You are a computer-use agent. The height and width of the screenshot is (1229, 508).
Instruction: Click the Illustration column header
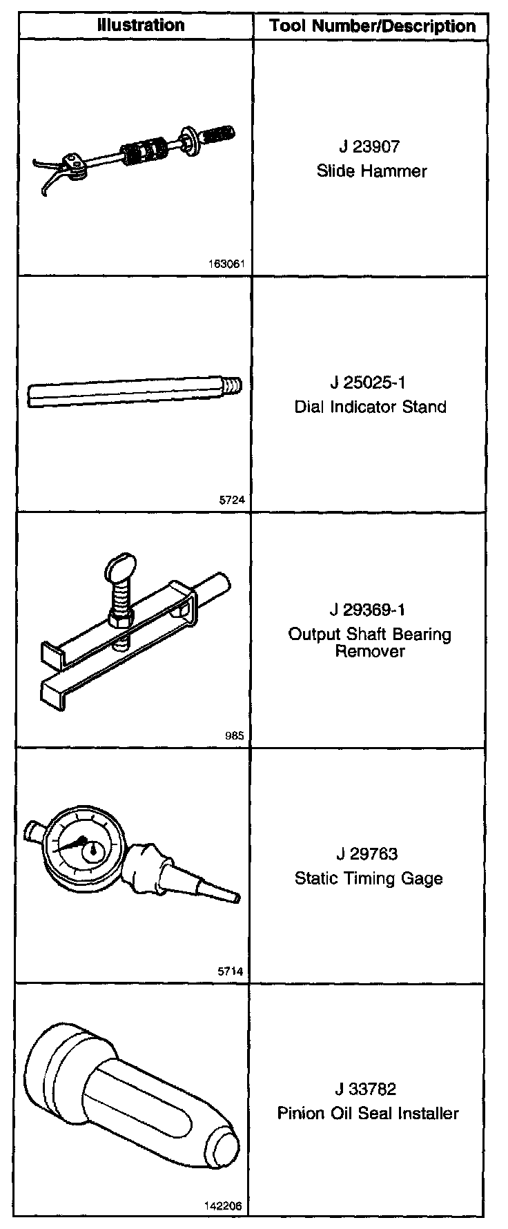(140, 26)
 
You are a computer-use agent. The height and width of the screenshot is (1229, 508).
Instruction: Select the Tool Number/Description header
(372, 26)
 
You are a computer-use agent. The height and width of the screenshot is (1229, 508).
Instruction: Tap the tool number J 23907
(369, 146)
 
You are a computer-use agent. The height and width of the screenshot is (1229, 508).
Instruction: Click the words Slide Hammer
(371, 171)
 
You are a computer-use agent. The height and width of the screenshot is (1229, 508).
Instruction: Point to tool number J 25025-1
(369, 383)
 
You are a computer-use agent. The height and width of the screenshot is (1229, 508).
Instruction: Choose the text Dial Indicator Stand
(370, 407)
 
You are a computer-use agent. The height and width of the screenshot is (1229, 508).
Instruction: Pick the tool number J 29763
(369, 854)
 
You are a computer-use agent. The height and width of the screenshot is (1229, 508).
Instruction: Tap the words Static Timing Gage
(369, 878)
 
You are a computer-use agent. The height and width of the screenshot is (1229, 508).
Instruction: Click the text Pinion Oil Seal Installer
(368, 1113)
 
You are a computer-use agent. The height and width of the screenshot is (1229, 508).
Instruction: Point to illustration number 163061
(226, 264)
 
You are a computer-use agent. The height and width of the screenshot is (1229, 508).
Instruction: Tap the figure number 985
(234, 736)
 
